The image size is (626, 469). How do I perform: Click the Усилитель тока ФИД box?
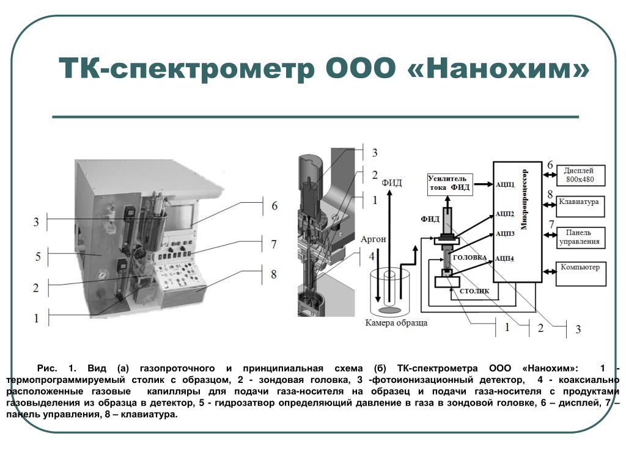(x=449, y=183)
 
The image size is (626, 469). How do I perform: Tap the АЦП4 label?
(x=505, y=259)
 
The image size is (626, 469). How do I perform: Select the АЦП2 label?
(x=505, y=214)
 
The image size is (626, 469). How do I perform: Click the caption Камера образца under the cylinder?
(x=396, y=323)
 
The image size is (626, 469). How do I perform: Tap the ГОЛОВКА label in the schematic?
(x=469, y=258)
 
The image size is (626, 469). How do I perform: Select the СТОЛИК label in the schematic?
(x=474, y=292)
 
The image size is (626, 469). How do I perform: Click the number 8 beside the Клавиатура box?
(x=550, y=195)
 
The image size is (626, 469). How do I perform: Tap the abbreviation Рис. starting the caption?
(x=47, y=368)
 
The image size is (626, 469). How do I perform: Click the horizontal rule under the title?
(x=315, y=116)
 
